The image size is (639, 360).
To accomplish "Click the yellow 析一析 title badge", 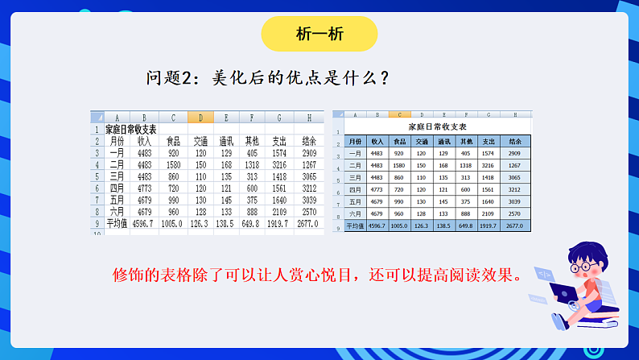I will [319, 34].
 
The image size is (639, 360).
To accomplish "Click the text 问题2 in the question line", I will [167, 77].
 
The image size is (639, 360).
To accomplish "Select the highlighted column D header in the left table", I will [200, 118].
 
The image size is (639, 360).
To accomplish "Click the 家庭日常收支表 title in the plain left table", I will [131, 129].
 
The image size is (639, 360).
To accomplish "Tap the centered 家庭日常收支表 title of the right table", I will [437, 127].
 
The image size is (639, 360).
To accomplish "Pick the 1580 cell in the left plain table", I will [172, 163].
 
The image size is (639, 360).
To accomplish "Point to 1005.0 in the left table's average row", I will [172, 224].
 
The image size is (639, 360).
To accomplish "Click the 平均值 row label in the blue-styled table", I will [355, 226].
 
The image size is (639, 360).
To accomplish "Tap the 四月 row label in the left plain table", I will [116, 188].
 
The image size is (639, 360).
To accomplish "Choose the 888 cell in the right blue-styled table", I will [465, 214].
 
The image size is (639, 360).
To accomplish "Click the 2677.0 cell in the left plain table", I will [308, 224].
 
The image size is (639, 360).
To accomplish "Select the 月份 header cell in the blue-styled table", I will [355, 141].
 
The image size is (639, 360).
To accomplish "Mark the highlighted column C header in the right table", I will [399, 114].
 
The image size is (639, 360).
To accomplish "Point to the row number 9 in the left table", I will [97, 224].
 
